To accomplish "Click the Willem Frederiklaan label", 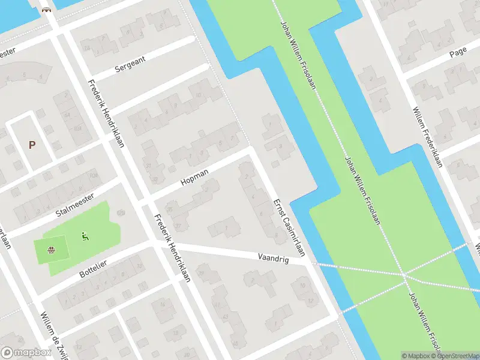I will tap(427, 137).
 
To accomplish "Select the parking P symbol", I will tap(32, 145).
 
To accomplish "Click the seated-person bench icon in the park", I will tap(85, 236).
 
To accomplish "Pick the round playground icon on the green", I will tap(53, 250).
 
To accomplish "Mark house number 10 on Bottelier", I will tap(140, 266).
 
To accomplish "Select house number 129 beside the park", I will tap(121, 212).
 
